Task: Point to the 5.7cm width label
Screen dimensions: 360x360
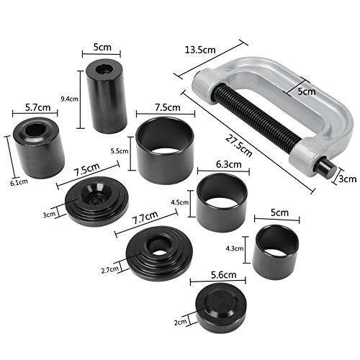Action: pos(36,107)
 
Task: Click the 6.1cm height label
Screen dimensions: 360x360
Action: pos(8,163)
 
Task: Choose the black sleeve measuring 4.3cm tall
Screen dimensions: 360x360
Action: pos(274,251)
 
